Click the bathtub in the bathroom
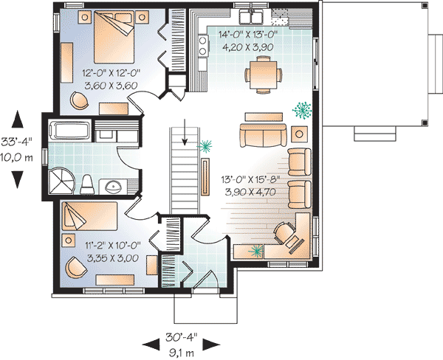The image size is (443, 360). point(69,130)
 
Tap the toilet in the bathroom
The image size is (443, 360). point(86,184)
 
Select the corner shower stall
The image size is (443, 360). point(62,181)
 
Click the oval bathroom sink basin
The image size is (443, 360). point(114,187)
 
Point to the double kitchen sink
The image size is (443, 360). point(250,16)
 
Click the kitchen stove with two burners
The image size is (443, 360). point(203,46)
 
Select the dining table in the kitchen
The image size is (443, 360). point(264,75)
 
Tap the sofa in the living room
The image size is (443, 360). point(263,135)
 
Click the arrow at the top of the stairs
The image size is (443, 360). point(185,132)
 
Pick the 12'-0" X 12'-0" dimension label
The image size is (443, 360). point(111,73)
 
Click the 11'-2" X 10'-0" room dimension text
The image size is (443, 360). point(113,246)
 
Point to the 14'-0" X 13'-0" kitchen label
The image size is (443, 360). point(248,34)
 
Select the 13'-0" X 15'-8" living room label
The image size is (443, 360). point(250,179)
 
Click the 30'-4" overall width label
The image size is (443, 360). point(182,337)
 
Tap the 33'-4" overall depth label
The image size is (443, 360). point(16,141)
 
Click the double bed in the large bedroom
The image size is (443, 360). point(114,37)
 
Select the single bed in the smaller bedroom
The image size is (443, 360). point(89,216)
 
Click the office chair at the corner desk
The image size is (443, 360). point(285,233)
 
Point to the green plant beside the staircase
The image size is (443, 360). point(205,147)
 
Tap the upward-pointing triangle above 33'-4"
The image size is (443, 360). point(17,119)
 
